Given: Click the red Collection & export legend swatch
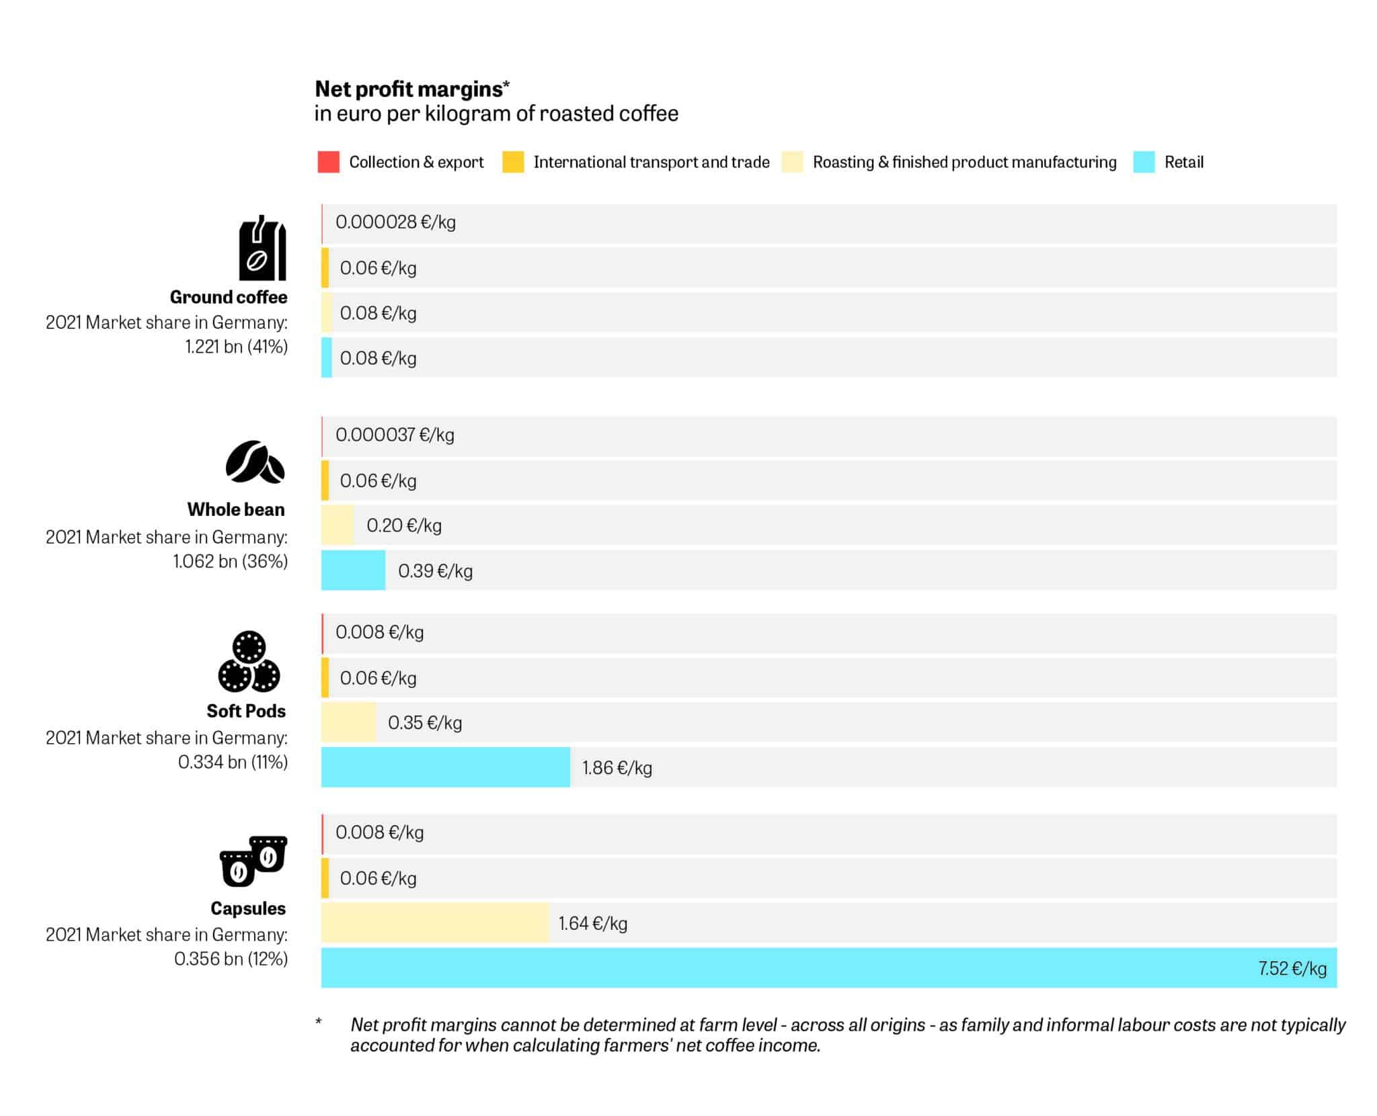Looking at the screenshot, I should click(x=328, y=162).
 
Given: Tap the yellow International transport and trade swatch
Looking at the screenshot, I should click(x=513, y=162).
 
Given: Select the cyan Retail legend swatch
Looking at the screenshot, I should click(x=1143, y=162).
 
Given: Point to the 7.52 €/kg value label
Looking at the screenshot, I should click(x=1292, y=968).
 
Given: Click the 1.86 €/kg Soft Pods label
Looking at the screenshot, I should click(x=617, y=767).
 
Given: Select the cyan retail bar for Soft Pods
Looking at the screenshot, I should click(x=445, y=767).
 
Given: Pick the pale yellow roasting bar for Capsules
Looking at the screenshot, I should click(x=434, y=923).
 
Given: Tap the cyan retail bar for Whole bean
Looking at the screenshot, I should click(x=353, y=570).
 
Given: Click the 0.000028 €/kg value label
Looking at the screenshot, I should click(x=395, y=222).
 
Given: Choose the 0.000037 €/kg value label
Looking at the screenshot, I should click(x=395, y=435).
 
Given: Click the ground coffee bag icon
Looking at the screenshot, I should click(x=262, y=249).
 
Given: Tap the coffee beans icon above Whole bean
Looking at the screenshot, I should click(x=255, y=462).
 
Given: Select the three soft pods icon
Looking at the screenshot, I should click(x=249, y=662).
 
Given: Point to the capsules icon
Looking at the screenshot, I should click(x=253, y=861).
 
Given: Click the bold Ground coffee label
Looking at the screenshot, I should click(x=229, y=297).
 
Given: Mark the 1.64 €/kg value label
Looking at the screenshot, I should click(x=592, y=923).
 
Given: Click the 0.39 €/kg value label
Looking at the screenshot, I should click(x=435, y=571).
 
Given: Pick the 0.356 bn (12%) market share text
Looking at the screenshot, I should click(x=231, y=959).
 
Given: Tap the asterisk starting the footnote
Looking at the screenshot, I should click(x=319, y=1023).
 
